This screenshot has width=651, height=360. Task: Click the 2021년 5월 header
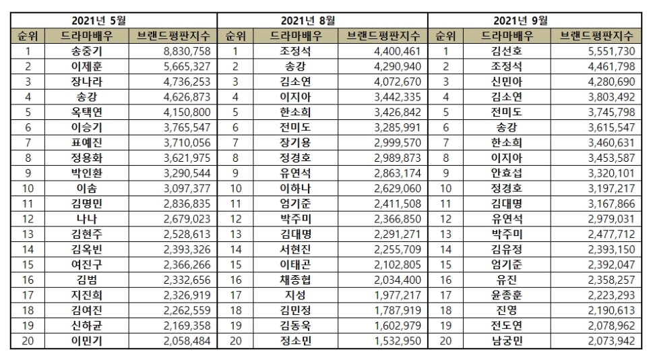click(114, 20)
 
